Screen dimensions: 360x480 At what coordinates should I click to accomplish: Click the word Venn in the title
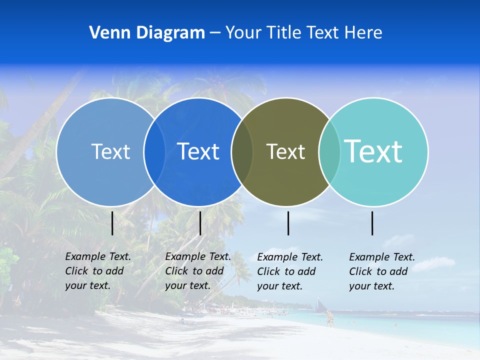(x=106, y=33)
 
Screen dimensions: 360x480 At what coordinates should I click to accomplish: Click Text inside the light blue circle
(x=110, y=151)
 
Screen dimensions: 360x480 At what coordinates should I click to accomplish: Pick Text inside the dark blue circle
(x=198, y=151)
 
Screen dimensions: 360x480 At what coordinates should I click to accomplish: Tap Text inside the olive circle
(x=285, y=151)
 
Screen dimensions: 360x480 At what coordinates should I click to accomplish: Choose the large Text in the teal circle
(x=373, y=151)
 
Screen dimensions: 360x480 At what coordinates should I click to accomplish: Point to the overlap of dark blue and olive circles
(x=242, y=152)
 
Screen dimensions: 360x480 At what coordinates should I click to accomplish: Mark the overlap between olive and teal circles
(x=329, y=152)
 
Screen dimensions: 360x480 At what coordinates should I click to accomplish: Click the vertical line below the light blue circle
(x=112, y=223)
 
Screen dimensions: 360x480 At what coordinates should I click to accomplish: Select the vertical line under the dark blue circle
(x=200, y=223)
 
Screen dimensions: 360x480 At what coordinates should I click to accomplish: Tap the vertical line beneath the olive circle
(x=288, y=223)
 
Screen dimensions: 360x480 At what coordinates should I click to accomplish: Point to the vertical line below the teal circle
(x=372, y=223)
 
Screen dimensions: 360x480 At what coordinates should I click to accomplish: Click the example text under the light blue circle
(x=98, y=271)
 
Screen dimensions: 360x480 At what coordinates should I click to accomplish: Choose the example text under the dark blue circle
(x=198, y=271)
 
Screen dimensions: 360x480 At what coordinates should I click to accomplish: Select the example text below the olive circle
(x=290, y=271)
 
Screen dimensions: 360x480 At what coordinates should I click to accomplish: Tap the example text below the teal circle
(x=382, y=271)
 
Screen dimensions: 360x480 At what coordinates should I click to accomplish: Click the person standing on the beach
(x=329, y=318)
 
